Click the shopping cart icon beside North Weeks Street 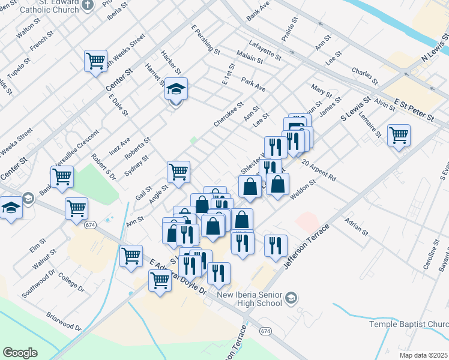95,61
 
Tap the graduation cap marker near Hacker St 176,89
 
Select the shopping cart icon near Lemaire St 399,135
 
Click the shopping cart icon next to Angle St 179,172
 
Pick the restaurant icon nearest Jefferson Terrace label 276,245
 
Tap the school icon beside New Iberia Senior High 291,298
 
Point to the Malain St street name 249,58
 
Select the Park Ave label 253,83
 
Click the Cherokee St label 229,114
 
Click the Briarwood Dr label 64,321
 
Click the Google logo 20,353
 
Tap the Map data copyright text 424,355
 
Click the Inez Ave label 120,144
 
